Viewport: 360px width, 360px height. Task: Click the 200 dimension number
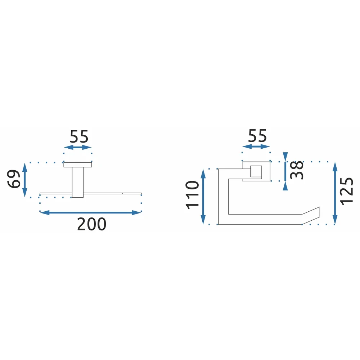[91, 224]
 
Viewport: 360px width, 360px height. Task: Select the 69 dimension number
[14, 179]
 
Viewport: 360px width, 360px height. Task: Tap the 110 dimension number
[192, 195]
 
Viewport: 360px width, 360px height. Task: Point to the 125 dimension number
[347, 191]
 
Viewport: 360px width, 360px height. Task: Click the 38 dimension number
[297, 170]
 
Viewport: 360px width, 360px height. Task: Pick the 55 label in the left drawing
[79, 136]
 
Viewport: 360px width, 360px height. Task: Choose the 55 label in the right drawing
[257, 136]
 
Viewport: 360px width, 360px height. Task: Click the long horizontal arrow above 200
[90, 213]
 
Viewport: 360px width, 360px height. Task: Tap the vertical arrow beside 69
[25, 180]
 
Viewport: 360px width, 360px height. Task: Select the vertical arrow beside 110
[203, 197]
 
